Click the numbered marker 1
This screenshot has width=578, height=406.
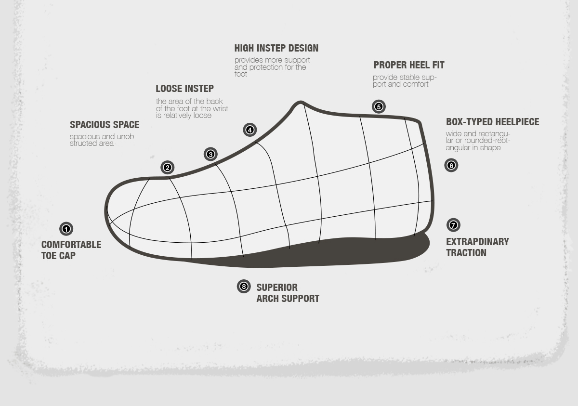pyautogui.click(x=66, y=229)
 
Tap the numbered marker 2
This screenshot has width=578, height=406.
pyautogui.click(x=167, y=168)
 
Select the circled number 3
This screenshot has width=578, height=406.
pyautogui.click(x=210, y=155)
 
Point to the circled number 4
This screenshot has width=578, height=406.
pyautogui.click(x=250, y=130)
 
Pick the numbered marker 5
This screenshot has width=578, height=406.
pyautogui.click(x=379, y=107)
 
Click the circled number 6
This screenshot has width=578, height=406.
pyautogui.click(x=451, y=165)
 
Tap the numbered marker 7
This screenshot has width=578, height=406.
pyautogui.click(x=453, y=225)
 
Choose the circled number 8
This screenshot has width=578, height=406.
pyautogui.click(x=244, y=287)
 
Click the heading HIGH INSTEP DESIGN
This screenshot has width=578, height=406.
pyautogui.click(x=276, y=48)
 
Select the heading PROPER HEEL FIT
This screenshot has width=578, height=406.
pyautogui.click(x=408, y=65)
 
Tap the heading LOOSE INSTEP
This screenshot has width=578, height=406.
pyautogui.click(x=184, y=89)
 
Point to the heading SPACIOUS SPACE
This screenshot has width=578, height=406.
pyautogui.click(x=104, y=125)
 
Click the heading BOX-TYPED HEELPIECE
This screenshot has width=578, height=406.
pyautogui.click(x=492, y=122)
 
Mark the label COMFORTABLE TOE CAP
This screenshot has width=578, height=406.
pyautogui.click(x=71, y=250)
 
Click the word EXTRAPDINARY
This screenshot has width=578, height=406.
pyautogui.click(x=477, y=242)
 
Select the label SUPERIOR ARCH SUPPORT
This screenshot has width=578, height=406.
pyautogui.click(x=288, y=293)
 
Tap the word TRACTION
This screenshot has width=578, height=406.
pyautogui.click(x=466, y=253)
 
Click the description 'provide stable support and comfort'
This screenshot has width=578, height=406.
pyautogui.click(x=404, y=81)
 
